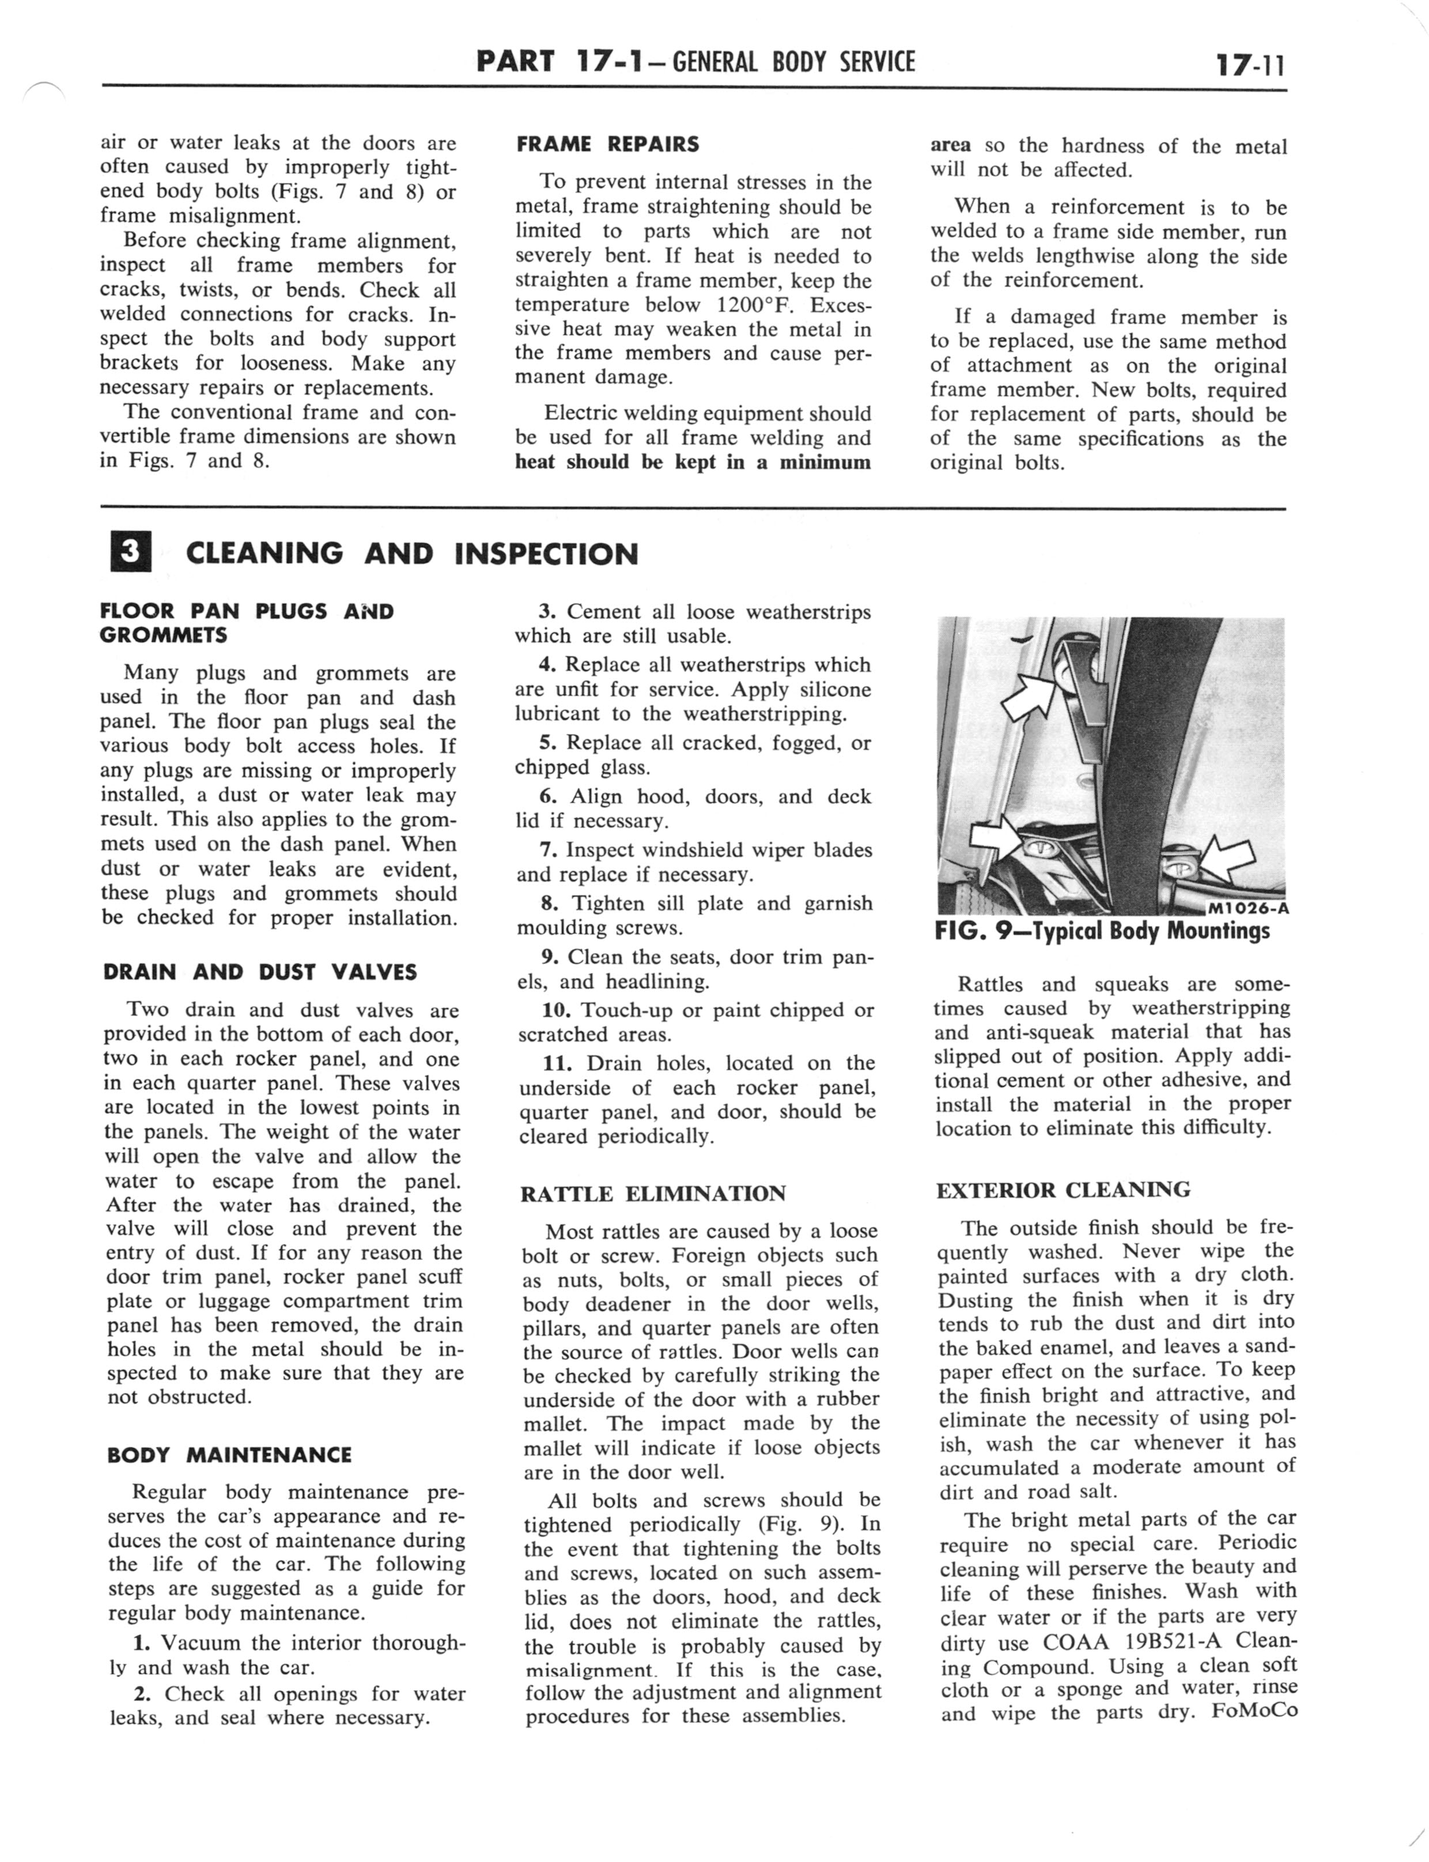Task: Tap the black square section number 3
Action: [x=130, y=552]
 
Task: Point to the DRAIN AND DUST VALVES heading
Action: [x=259, y=972]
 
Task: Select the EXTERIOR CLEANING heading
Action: [x=1063, y=1190]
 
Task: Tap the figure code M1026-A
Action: [x=1248, y=907]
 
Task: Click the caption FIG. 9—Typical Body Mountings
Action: [x=1102, y=931]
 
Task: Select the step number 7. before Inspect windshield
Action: [x=549, y=849]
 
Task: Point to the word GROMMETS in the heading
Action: [x=163, y=635]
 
